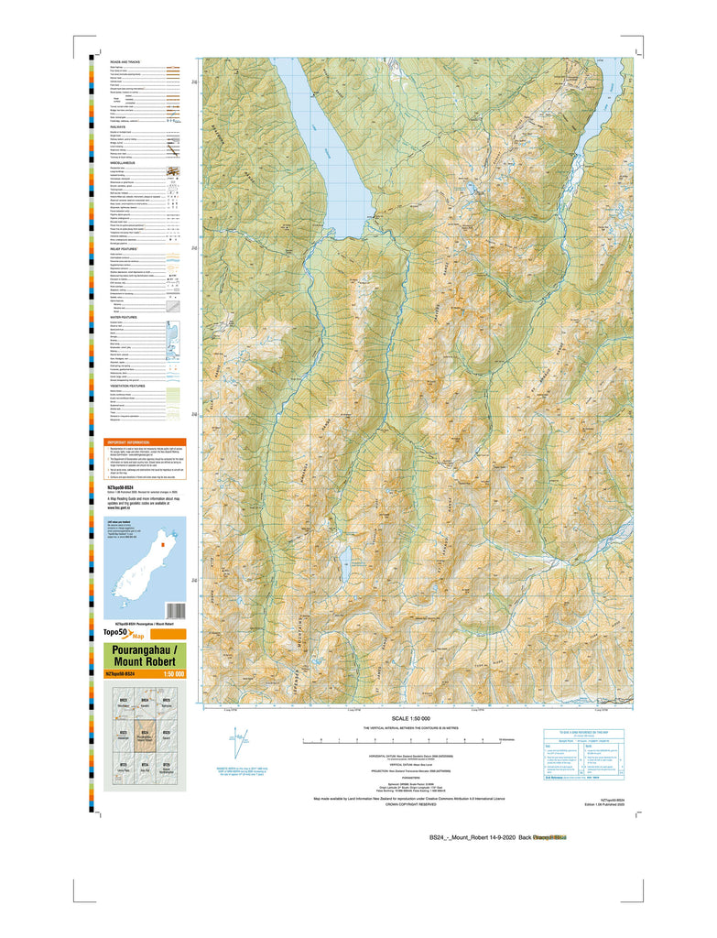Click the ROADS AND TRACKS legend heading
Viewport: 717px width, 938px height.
pyautogui.click(x=125, y=61)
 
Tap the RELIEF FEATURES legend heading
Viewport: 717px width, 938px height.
pyautogui.click(x=127, y=247)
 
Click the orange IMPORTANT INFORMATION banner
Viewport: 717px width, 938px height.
pyautogui.click(x=147, y=442)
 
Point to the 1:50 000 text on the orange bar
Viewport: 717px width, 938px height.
pyautogui.click(x=173, y=674)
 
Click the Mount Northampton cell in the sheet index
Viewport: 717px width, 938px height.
pyautogui.click(x=167, y=770)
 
